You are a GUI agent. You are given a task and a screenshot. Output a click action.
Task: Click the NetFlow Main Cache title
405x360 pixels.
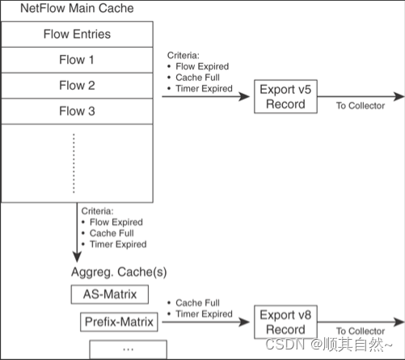(x=67, y=9)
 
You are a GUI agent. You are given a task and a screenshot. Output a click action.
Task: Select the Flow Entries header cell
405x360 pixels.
(x=76, y=34)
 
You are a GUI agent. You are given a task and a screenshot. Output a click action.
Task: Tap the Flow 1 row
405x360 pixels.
(x=76, y=59)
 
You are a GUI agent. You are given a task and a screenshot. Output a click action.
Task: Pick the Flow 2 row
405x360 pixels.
(x=76, y=85)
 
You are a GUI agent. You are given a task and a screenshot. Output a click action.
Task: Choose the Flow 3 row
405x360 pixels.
(x=76, y=111)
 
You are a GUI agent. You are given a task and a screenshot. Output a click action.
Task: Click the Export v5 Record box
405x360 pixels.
(x=284, y=97)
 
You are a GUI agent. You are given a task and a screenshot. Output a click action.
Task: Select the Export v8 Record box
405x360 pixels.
(x=284, y=322)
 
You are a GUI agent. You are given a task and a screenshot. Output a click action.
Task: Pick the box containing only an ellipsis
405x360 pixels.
(x=128, y=349)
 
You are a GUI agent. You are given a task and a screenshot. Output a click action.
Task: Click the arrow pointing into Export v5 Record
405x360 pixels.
(x=206, y=97)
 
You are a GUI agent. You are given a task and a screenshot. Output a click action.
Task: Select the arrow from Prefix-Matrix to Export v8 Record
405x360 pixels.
(x=206, y=323)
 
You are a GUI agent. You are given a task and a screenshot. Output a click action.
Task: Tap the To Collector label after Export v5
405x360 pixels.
(x=360, y=106)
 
